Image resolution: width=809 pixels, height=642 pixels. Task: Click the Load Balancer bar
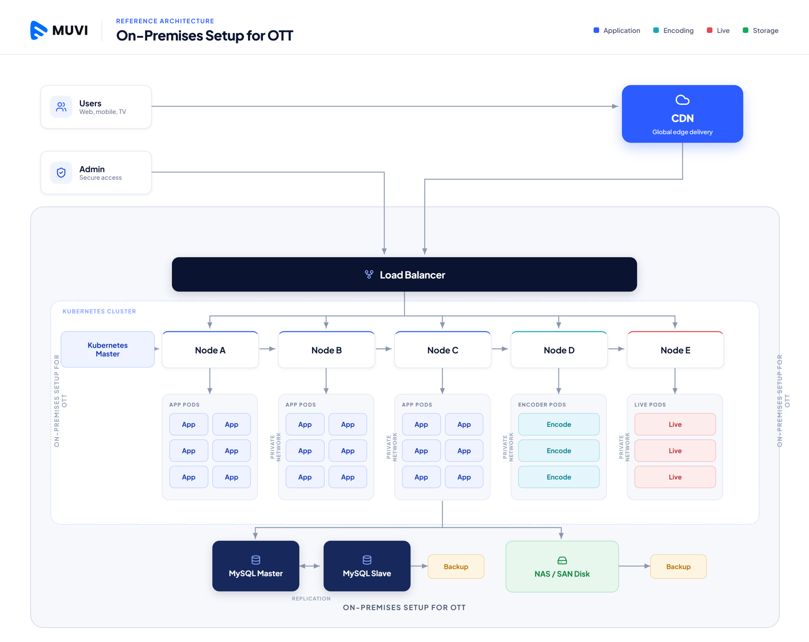[404, 274]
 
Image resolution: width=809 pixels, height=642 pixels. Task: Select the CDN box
[682, 114]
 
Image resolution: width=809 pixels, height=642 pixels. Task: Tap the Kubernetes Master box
[108, 349]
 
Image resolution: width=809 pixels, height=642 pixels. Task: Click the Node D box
[559, 350]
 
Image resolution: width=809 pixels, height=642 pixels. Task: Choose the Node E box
[675, 350]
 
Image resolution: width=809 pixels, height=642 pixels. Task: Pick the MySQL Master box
[256, 566]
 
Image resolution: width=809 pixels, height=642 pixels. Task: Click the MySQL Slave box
[367, 566]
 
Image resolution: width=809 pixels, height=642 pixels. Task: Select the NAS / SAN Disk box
[562, 566]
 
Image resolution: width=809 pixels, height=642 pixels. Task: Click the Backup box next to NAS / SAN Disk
[678, 566]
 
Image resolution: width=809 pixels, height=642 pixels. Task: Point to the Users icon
[61, 107]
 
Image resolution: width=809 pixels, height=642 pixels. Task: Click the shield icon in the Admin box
[61, 173]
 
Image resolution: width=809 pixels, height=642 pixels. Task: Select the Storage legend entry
[760, 30]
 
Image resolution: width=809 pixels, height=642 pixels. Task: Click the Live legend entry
[718, 30]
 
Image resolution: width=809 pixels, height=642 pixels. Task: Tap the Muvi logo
[59, 30]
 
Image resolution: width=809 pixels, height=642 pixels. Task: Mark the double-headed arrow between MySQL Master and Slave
[310, 566]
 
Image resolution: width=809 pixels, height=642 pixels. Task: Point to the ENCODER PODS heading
[542, 405]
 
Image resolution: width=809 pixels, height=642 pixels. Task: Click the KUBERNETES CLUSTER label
[99, 311]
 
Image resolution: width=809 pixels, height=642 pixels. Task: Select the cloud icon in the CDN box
[682, 100]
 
